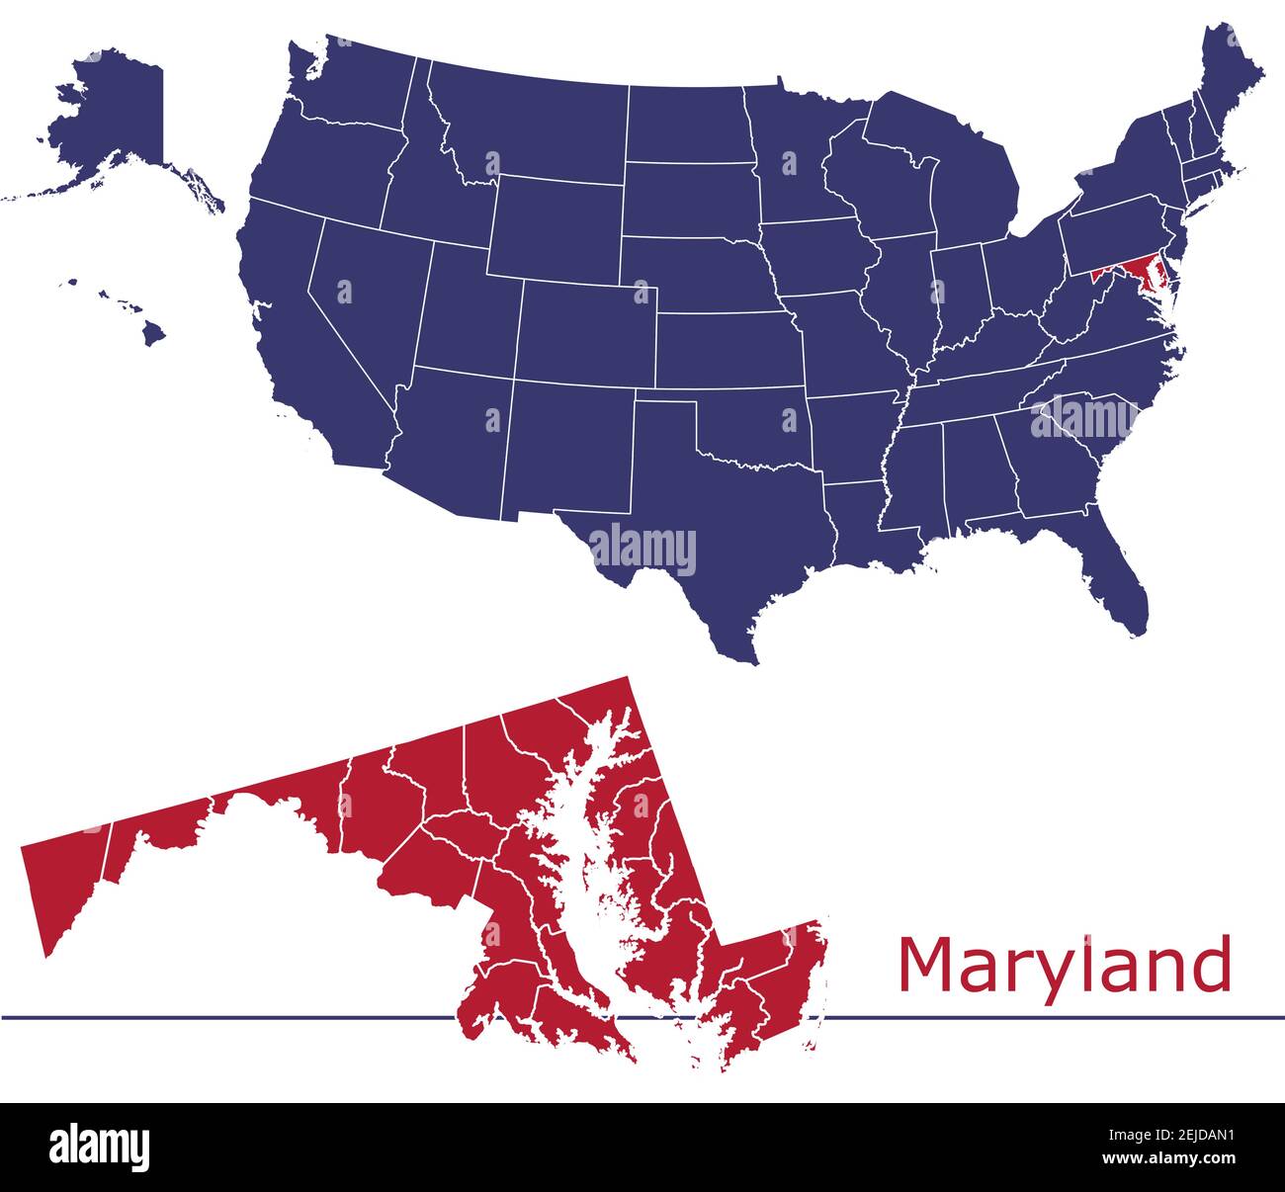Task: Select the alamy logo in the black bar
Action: (100, 1147)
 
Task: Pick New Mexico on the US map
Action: (568, 450)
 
